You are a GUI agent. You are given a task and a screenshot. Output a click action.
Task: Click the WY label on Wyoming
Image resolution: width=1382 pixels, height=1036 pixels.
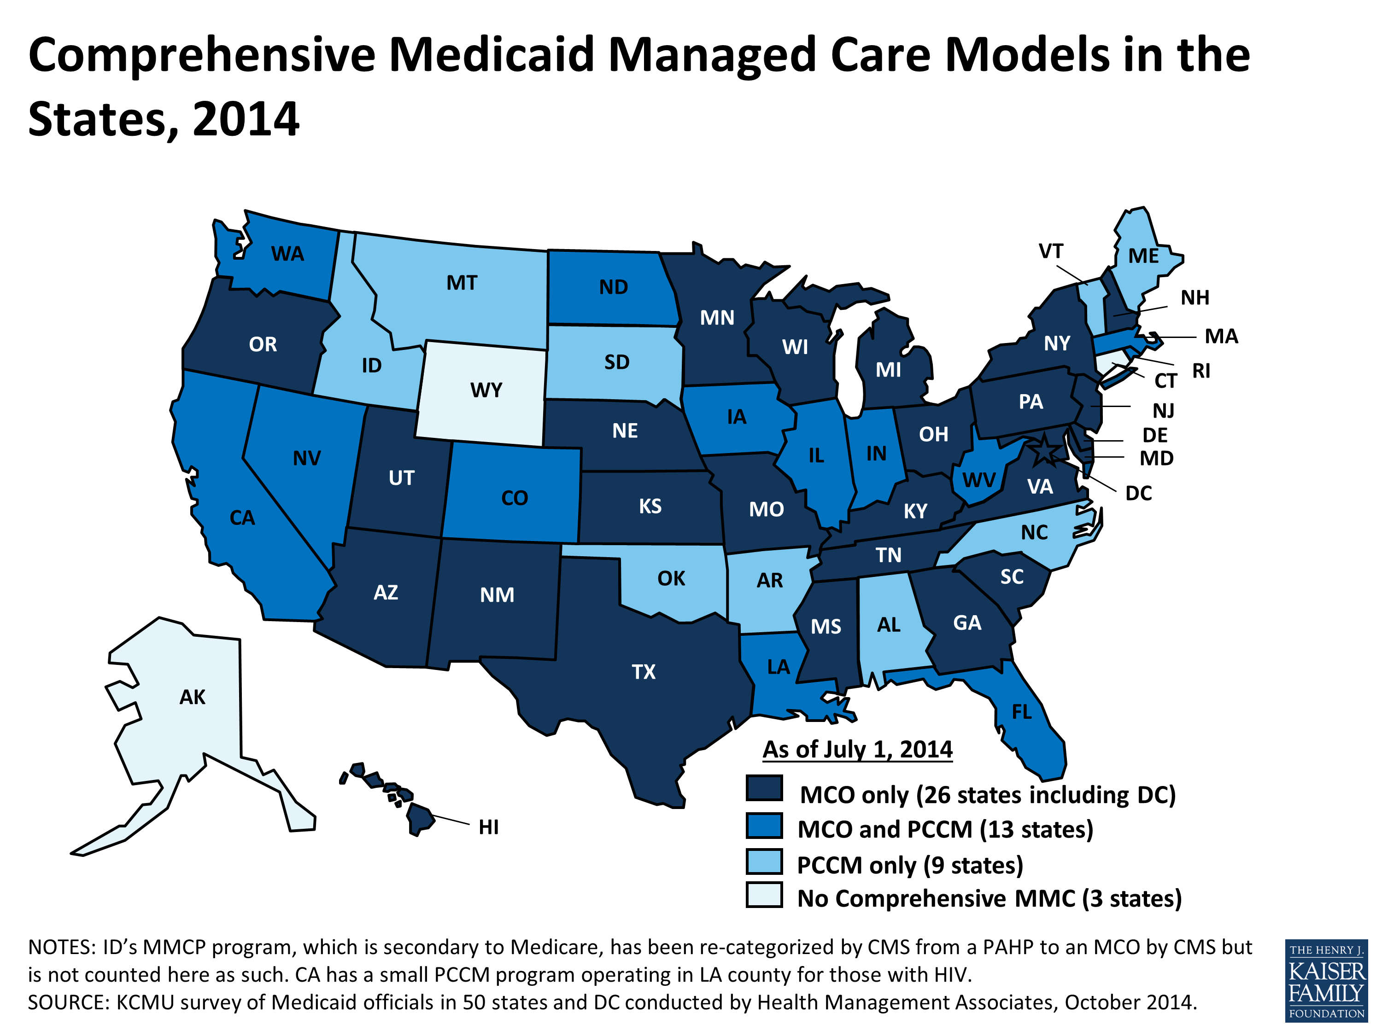pyautogui.click(x=486, y=390)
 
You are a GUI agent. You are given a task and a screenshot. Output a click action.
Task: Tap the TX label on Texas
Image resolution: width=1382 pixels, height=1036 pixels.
pyautogui.click(x=644, y=672)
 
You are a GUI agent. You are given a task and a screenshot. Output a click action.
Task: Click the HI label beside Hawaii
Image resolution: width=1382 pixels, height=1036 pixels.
pyautogui.click(x=489, y=827)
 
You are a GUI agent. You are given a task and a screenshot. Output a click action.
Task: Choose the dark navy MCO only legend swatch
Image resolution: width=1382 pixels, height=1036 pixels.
pyautogui.click(x=764, y=788)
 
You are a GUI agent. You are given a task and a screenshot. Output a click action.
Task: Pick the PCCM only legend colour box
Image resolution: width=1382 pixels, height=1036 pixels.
pyautogui.click(x=764, y=862)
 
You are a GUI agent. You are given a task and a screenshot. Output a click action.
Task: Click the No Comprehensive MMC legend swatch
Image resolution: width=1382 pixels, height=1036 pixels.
pyautogui.click(x=764, y=895)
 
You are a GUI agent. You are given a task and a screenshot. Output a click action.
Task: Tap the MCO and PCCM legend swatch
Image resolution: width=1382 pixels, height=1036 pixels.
pyautogui.click(x=764, y=826)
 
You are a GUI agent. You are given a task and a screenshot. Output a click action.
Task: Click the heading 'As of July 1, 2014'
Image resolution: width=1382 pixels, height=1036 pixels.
pyautogui.click(x=857, y=749)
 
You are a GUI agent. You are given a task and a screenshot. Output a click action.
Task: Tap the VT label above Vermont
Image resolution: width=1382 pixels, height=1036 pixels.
pyautogui.click(x=1051, y=252)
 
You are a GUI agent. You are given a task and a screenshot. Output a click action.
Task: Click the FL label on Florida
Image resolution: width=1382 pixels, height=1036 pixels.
pyautogui.click(x=1021, y=712)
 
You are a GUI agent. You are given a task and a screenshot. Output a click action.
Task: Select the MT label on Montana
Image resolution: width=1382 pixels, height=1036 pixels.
pyautogui.click(x=462, y=284)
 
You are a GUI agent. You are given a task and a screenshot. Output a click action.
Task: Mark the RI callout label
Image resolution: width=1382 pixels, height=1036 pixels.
pyautogui.click(x=1201, y=371)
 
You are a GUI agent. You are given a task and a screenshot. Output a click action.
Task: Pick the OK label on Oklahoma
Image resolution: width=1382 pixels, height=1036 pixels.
pyautogui.click(x=671, y=579)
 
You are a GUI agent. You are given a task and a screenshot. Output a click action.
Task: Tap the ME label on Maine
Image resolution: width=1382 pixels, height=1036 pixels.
pyautogui.click(x=1143, y=256)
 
